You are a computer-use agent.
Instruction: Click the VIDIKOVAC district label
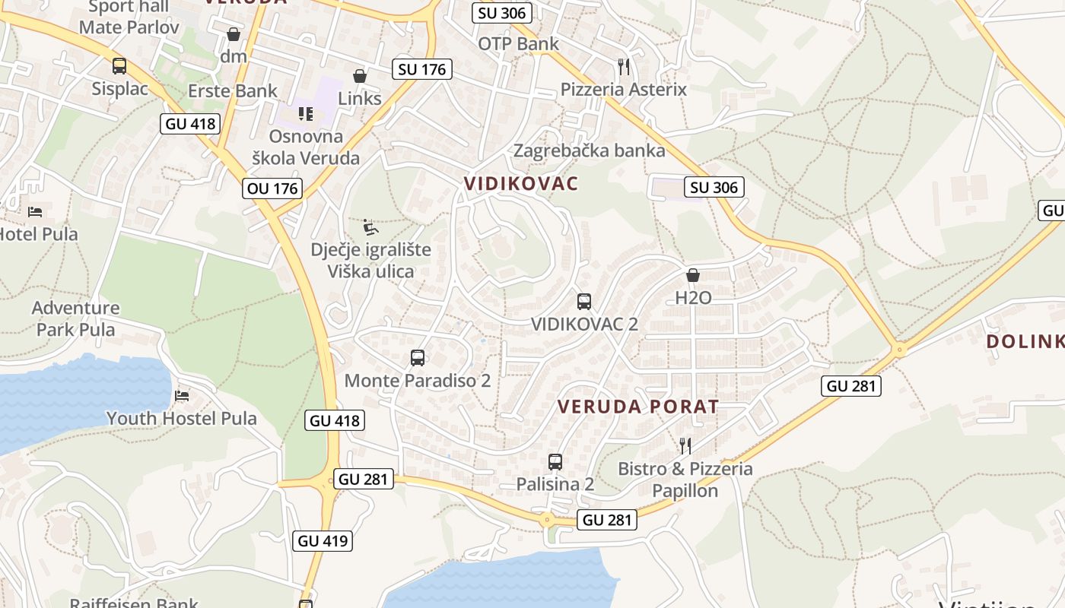[521, 183]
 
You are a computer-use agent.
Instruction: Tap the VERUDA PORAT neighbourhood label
[638, 407]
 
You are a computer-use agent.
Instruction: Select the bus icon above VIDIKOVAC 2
[583, 302]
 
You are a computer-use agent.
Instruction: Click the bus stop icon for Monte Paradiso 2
[417, 358]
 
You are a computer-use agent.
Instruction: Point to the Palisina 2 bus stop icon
[555, 461]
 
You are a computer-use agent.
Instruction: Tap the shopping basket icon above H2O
[693, 275]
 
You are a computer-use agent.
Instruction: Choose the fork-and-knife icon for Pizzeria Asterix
[624, 67]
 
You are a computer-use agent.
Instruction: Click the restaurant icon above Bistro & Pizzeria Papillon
[685, 445]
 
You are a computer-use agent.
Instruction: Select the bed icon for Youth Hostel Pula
[182, 395]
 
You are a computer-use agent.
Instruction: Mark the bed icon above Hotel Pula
[35, 211]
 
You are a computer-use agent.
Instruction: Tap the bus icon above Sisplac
[119, 66]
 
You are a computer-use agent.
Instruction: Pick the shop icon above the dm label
[234, 34]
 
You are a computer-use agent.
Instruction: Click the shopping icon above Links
[360, 76]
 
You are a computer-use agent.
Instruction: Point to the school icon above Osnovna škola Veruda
[306, 114]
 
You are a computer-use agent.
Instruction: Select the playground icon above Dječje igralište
[370, 227]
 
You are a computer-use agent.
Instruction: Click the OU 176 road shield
[273, 188]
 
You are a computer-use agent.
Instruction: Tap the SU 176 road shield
[422, 69]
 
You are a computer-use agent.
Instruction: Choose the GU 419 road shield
[323, 541]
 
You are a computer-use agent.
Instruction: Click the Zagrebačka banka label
[590, 150]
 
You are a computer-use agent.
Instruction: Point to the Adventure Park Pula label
[76, 318]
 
